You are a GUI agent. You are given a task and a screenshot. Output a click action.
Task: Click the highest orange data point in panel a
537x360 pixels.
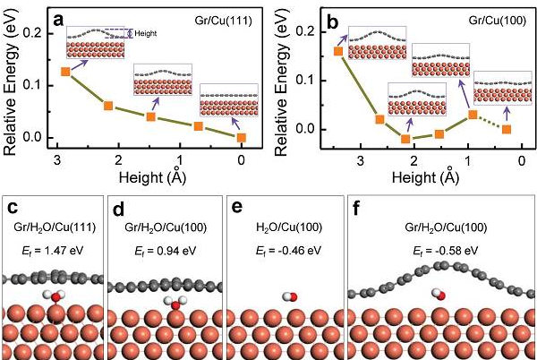(x=65, y=72)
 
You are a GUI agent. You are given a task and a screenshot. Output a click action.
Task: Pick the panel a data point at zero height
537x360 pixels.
(x=242, y=137)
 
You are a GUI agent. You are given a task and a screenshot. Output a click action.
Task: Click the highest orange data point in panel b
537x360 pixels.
(x=338, y=51)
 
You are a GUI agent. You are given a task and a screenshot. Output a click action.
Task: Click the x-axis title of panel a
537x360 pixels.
(x=149, y=176)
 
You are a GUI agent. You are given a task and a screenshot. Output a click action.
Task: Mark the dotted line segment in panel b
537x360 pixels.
(x=490, y=122)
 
